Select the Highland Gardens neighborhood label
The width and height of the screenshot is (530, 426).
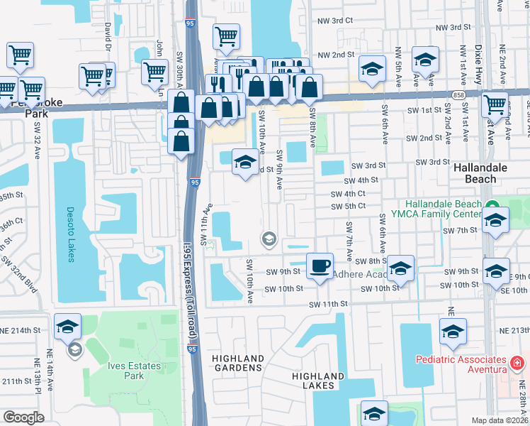(238, 363)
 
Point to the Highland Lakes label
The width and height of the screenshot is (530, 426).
(319, 381)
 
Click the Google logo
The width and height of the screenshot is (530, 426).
(23, 418)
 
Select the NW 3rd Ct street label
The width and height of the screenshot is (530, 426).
(335, 21)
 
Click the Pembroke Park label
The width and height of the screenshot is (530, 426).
(37, 107)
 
